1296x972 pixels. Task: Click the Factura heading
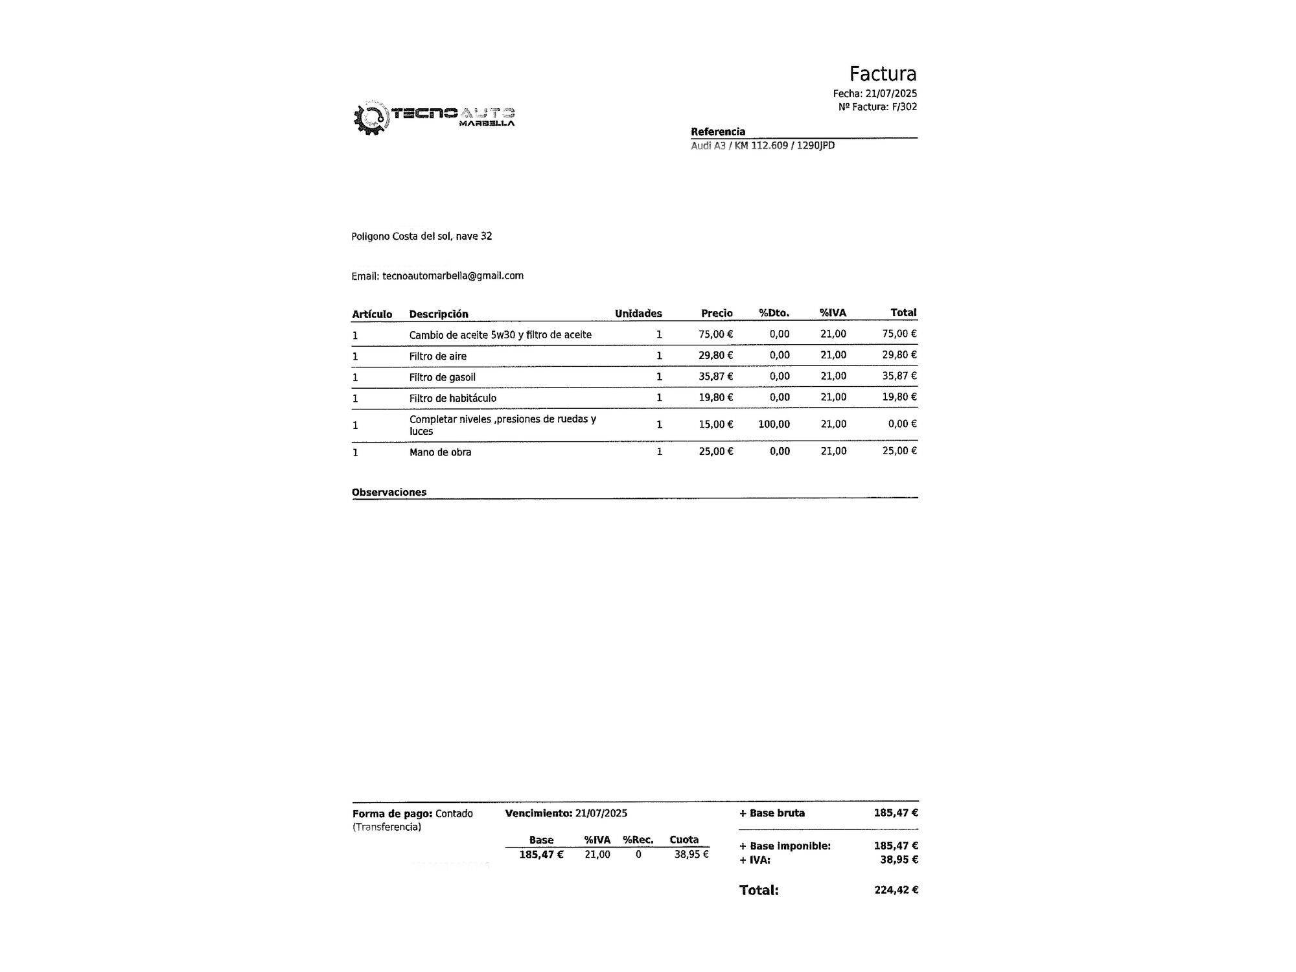coord(883,74)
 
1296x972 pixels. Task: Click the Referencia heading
coord(718,132)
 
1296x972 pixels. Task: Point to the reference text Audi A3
coord(708,146)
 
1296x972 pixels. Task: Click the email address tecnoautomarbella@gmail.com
coord(453,275)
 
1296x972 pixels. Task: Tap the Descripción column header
coord(439,314)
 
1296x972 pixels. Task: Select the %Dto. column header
coord(774,314)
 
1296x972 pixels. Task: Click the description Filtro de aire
coord(438,356)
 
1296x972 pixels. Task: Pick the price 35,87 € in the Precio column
coord(715,376)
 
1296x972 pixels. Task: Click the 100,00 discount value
coord(774,424)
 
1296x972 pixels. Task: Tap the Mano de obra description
coord(441,452)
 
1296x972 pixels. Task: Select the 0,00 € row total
coord(902,424)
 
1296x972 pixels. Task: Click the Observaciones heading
coord(389,492)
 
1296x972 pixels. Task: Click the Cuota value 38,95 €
coord(691,855)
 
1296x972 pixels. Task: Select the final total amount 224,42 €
coord(896,890)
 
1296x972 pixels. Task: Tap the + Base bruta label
coord(772,813)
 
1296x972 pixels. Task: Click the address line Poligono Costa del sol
coord(421,237)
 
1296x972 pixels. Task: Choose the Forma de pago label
coord(392,814)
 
